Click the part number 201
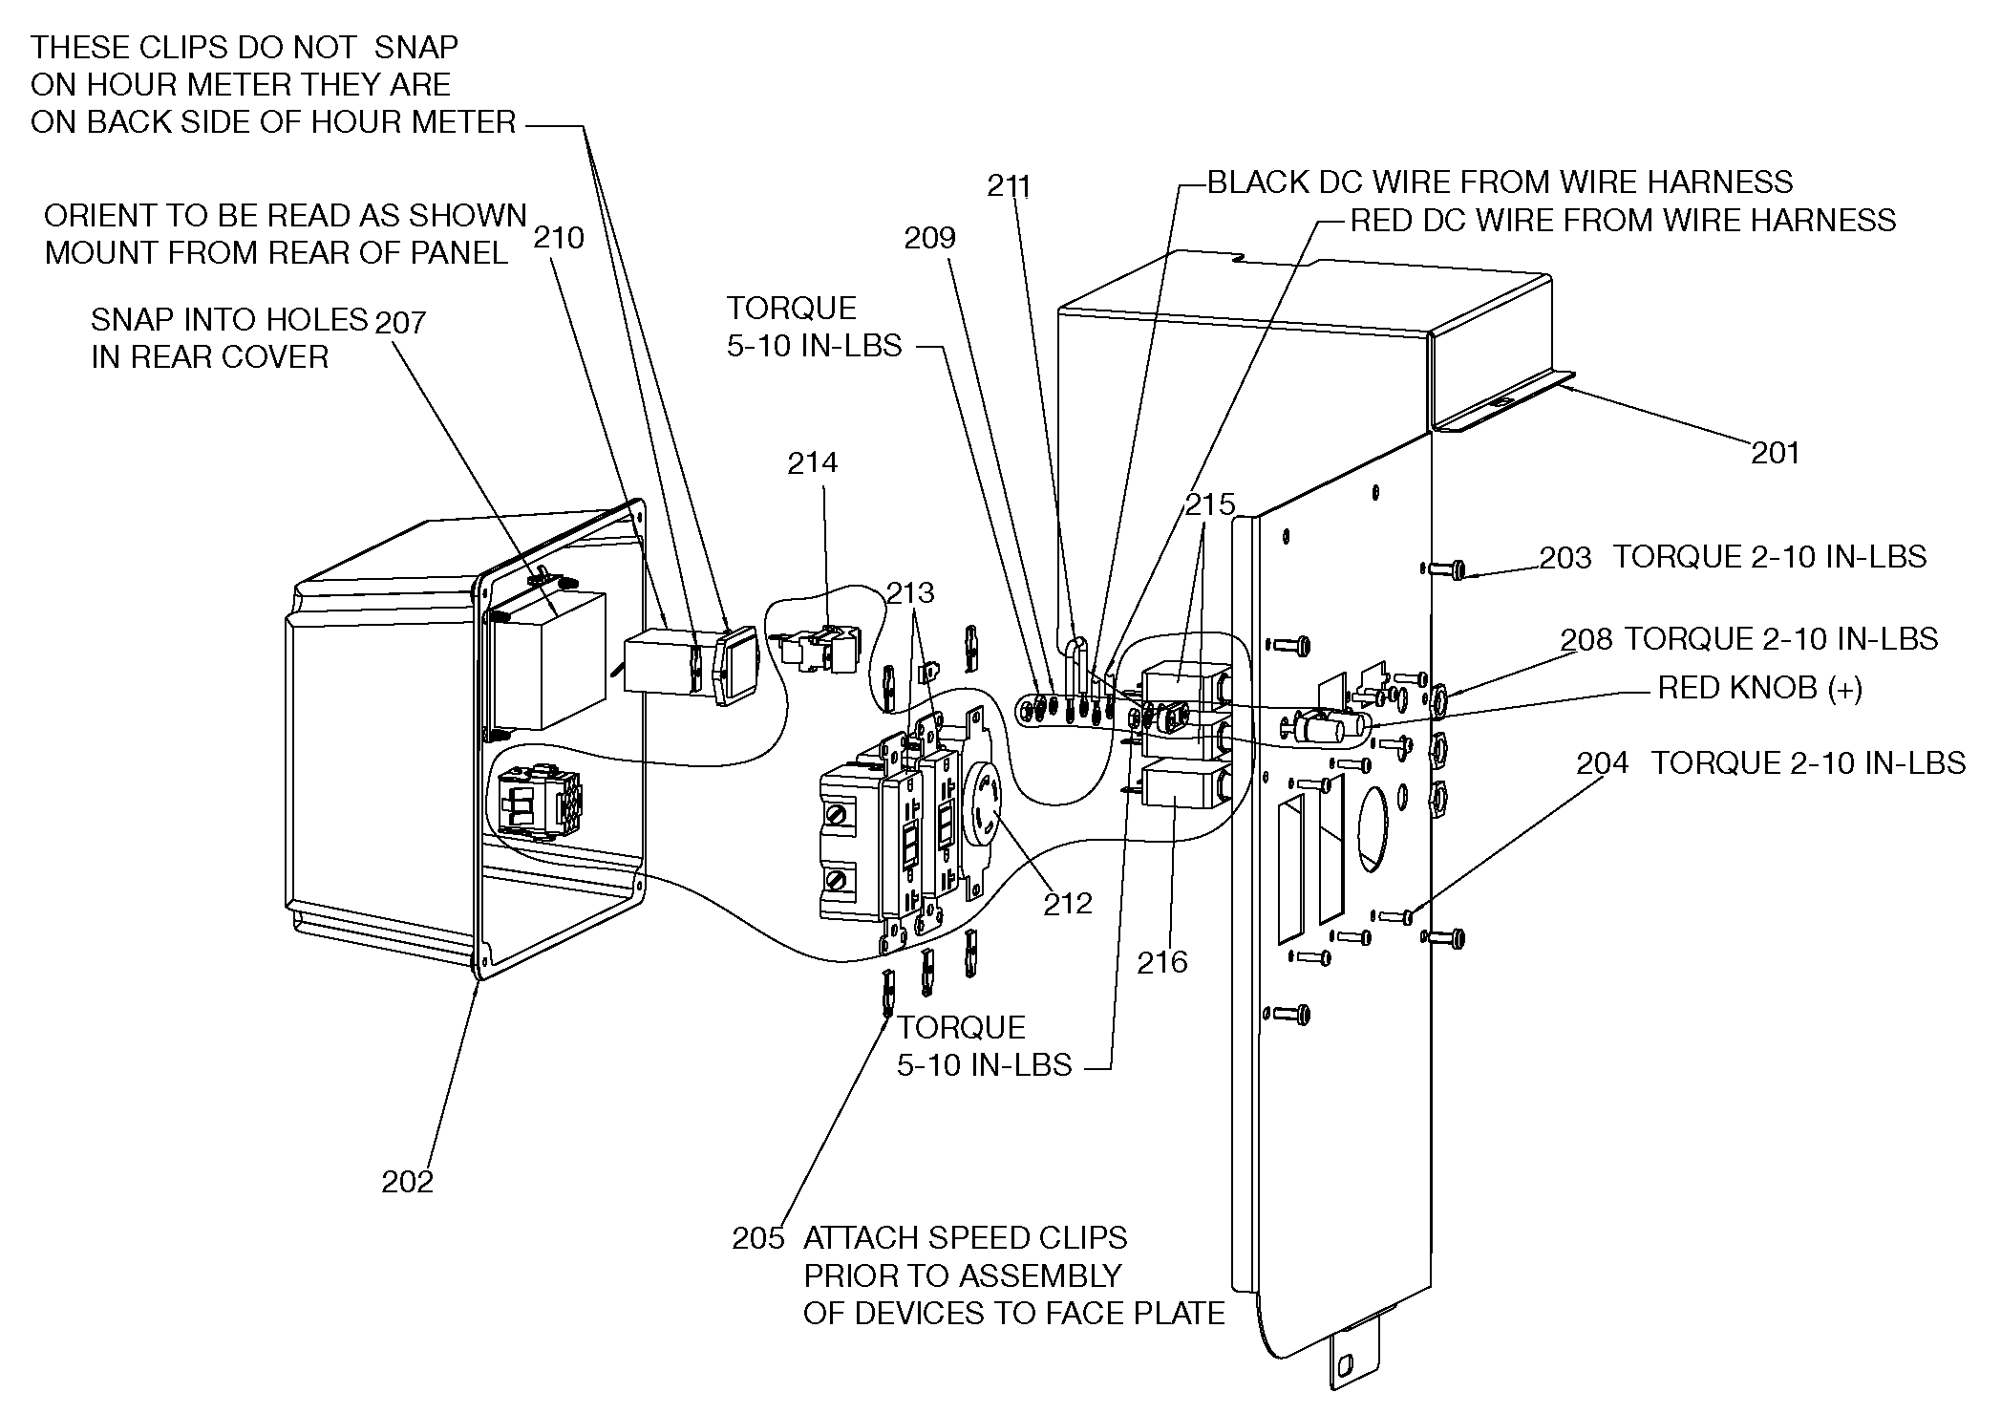point(1775,452)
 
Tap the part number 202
point(408,1182)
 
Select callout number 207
point(400,322)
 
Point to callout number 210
point(559,237)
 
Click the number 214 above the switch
point(812,462)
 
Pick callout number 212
point(1067,903)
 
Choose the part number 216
point(1161,962)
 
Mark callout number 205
point(757,1238)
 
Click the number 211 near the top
point(1009,185)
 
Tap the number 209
point(929,238)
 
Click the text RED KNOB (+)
point(1759,688)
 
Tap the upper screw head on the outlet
point(837,816)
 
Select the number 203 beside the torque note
point(1565,557)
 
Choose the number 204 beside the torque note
point(1603,763)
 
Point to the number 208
point(1586,638)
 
